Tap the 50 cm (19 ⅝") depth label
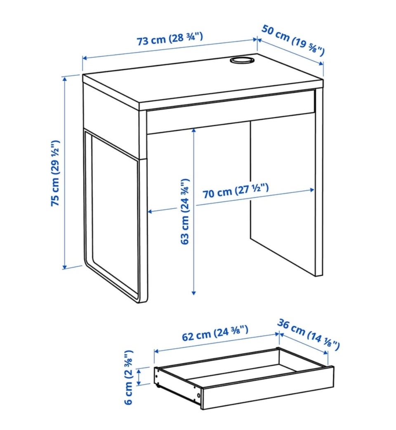click(x=293, y=40)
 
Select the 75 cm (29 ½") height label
click(x=55, y=173)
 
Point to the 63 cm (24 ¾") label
click(x=185, y=211)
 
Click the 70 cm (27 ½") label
click(x=236, y=191)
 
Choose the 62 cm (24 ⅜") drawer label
click(x=215, y=333)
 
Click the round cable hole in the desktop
click(x=241, y=60)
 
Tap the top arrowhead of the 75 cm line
click(x=65, y=80)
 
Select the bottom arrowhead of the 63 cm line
click(x=194, y=292)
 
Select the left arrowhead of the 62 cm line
click(x=157, y=351)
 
